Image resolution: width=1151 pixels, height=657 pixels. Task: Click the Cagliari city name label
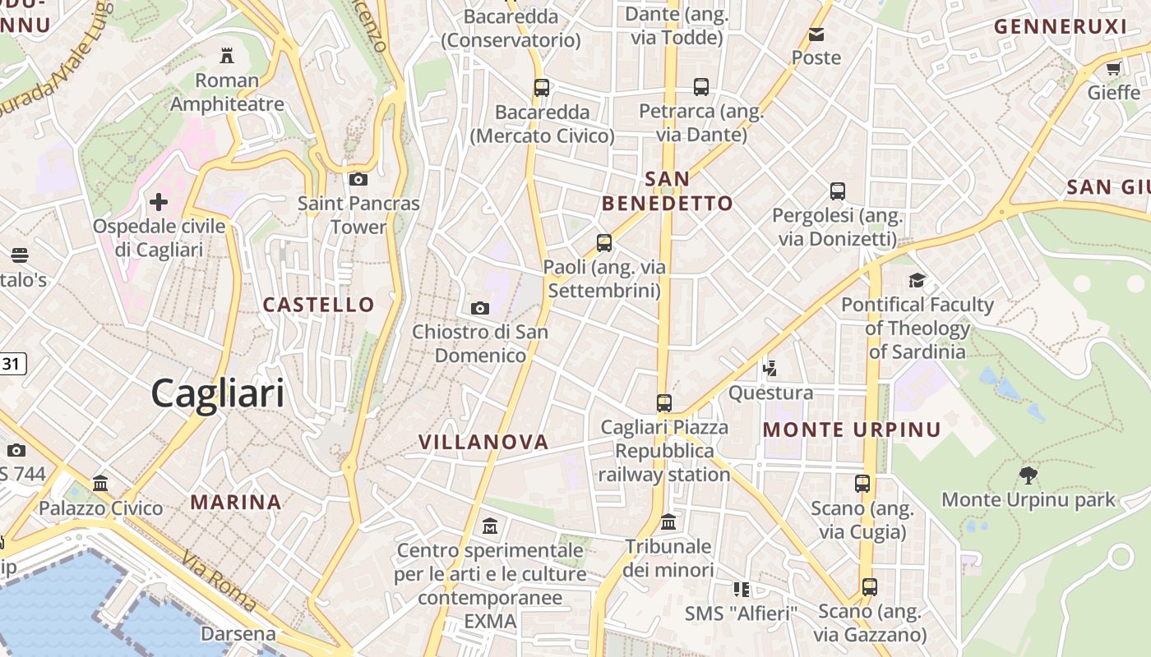[x=218, y=393]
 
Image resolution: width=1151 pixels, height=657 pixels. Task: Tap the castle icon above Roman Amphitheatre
[x=227, y=56]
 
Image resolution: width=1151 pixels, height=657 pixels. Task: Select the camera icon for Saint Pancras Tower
[x=358, y=179]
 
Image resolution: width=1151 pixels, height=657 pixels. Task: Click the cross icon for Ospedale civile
[x=159, y=201]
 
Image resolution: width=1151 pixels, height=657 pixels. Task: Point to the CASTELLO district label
[x=319, y=305]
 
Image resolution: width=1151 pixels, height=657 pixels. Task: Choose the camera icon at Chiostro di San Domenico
[x=480, y=308]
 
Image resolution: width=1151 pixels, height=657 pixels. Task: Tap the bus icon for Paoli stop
[x=604, y=242]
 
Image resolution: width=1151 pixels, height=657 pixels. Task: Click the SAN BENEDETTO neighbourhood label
[x=667, y=191]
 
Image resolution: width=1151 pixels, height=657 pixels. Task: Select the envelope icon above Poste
[x=816, y=34]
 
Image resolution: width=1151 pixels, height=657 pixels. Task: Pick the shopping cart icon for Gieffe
[x=1114, y=68]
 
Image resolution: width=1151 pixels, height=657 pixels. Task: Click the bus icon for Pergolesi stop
[x=838, y=191]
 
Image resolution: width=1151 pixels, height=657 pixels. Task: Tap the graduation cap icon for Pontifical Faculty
[x=918, y=281]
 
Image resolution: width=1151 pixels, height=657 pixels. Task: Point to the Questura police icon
[x=770, y=368]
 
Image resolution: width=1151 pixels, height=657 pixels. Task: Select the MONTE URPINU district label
[x=852, y=430]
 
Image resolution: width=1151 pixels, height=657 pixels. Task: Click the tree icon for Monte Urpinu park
[x=1028, y=475]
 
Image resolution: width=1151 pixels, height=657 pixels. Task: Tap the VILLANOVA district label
[x=483, y=442]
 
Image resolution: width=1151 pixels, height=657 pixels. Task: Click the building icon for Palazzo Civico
[x=100, y=483]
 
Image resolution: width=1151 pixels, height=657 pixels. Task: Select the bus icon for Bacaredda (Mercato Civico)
[x=542, y=87]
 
